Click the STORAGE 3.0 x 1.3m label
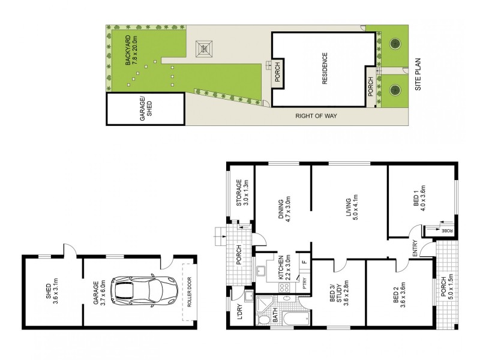242,193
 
